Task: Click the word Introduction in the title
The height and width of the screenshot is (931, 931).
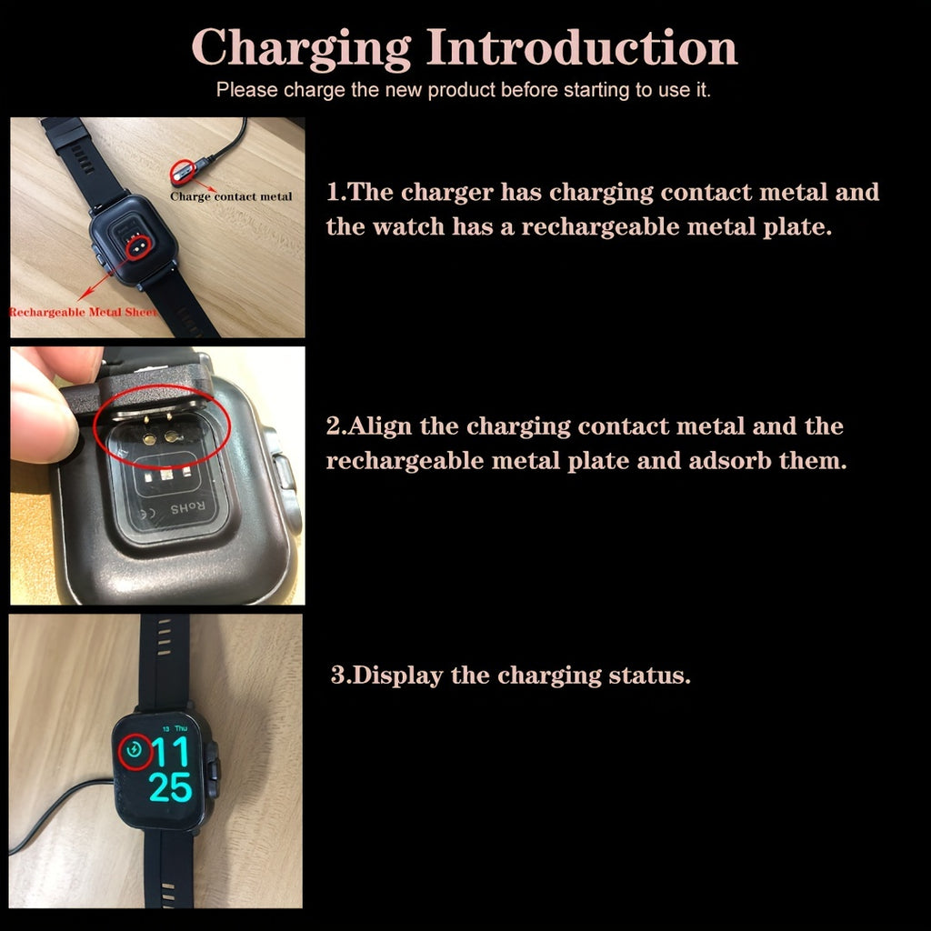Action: (582, 46)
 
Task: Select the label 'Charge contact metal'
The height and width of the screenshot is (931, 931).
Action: (231, 196)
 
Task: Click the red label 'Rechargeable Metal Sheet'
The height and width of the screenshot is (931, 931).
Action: (84, 313)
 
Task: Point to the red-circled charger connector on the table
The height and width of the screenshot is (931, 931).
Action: (182, 174)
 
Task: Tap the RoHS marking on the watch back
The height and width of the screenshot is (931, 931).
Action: (187, 508)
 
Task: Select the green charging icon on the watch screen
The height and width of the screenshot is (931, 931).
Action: (135, 750)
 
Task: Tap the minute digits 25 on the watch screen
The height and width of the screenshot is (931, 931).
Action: (170, 788)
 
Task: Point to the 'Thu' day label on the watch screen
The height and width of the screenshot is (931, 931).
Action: (181, 728)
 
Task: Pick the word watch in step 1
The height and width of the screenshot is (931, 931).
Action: (408, 226)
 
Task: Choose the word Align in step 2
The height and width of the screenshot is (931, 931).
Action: (379, 427)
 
